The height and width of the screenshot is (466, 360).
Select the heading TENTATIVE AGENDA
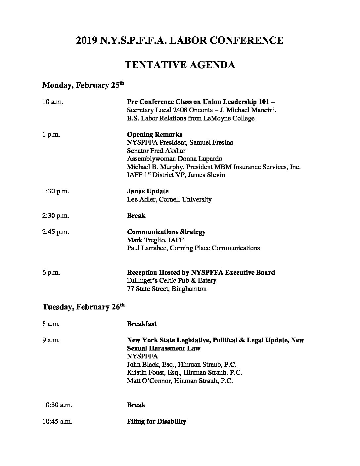180,65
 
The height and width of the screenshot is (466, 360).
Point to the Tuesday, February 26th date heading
83,307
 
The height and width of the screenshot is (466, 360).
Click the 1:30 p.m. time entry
56,191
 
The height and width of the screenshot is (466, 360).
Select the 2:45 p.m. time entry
56,232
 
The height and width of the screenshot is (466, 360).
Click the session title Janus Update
148,191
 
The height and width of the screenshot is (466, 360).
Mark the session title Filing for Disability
157,422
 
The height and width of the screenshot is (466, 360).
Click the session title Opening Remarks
155,135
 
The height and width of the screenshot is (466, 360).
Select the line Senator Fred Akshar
156,151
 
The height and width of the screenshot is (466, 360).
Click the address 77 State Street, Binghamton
167,289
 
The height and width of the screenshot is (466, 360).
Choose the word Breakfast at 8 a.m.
142,324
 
